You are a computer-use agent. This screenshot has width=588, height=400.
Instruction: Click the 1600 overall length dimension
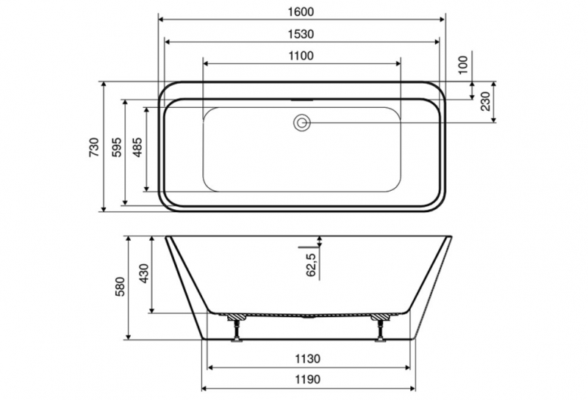(301, 12)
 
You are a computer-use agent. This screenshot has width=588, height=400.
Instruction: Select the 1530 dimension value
(301, 34)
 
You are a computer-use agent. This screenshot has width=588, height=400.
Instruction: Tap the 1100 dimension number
(301, 56)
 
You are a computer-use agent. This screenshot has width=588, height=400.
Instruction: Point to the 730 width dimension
(95, 147)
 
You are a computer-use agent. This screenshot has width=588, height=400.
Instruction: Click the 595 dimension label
(117, 147)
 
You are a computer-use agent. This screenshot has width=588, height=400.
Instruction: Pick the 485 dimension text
(137, 147)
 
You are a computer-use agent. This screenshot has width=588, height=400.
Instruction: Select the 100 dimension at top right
(464, 65)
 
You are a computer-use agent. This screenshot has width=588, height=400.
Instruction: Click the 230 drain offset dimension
(485, 101)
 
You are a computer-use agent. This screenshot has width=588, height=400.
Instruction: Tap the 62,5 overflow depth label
(311, 264)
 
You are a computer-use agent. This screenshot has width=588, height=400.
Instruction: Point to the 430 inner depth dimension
(144, 273)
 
